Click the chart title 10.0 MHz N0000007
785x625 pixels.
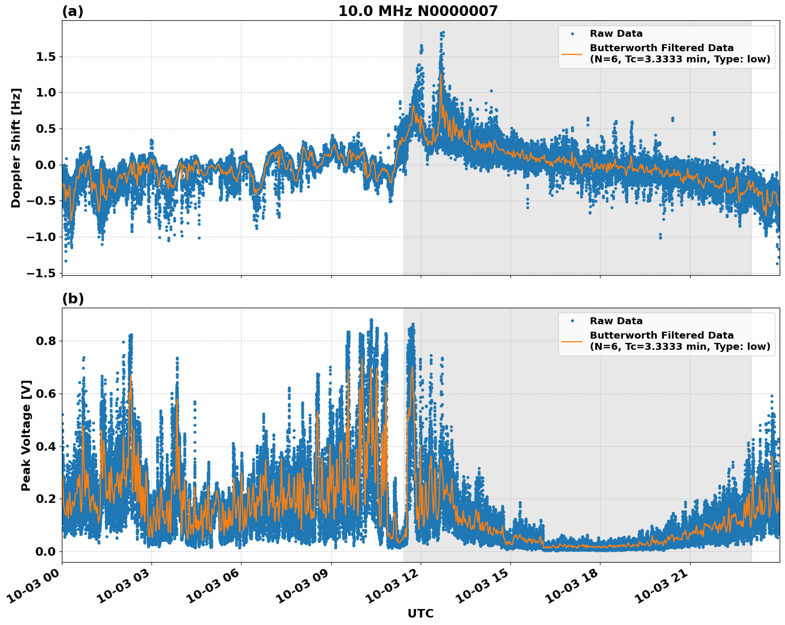pyautogui.click(x=418, y=11)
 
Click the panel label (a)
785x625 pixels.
pyautogui.click(x=73, y=11)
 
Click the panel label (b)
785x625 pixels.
pyautogui.click(x=73, y=299)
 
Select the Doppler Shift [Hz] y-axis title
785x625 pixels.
pyautogui.click(x=16, y=148)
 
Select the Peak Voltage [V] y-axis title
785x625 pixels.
pyautogui.click(x=26, y=435)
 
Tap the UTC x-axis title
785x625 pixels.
pyautogui.click(x=420, y=613)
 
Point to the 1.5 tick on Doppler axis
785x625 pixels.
pyautogui.click(x=45, y=57)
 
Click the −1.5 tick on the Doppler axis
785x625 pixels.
pyautogui.click(x=42, y=273)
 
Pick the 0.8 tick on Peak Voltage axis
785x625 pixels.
pyautogui.click(x=45, y=341)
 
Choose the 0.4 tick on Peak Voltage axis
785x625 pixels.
pyautogui.click(x=45, y=446)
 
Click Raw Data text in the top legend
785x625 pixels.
pyautogui.click(x=616, y=34)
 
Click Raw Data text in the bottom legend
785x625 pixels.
pyautogui.click(x=616, y=321)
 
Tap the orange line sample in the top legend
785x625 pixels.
pyautogui.click(x=572, y=54)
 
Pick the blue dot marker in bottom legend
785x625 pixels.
pyautogui.click(x=572, y=321)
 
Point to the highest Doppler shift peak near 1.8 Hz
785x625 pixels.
pyautogui.click(x=443, y=33)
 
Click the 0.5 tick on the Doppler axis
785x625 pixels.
pyautogui.click(x=45, y=129)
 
